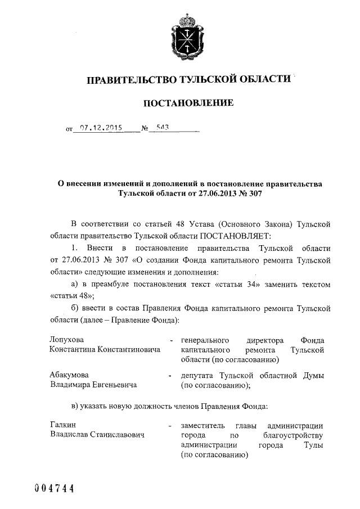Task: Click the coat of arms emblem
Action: [x=186, y=37]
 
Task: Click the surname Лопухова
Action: [x=67, y=340]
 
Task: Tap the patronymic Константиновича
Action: [x=128, y=349]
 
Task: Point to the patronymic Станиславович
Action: [x=115, y=435]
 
